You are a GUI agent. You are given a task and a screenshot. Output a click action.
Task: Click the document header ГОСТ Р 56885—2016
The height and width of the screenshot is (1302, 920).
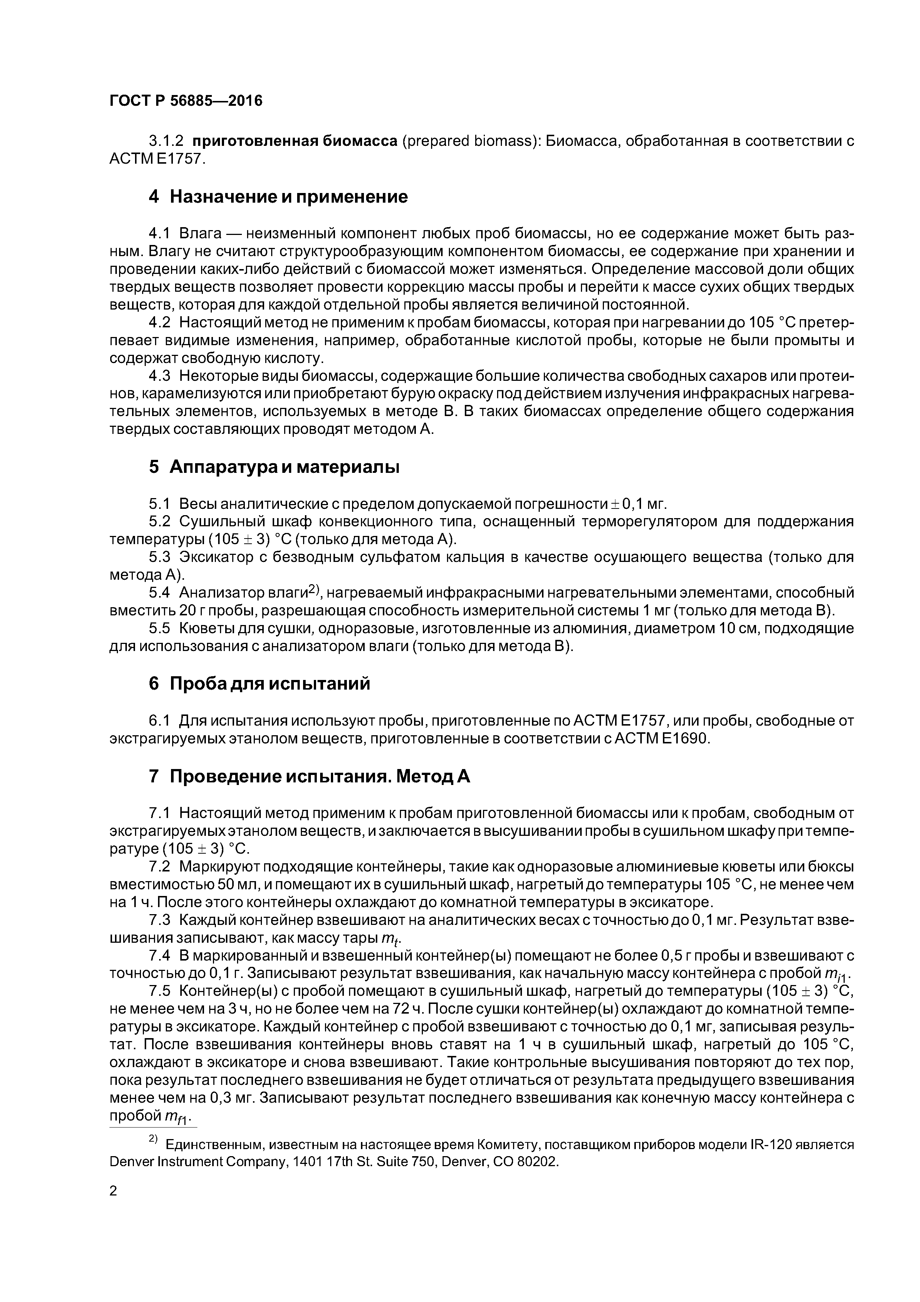(x=186, y=101)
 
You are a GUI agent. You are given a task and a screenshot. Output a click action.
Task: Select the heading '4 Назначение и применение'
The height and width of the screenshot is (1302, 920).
(x=278, y=197)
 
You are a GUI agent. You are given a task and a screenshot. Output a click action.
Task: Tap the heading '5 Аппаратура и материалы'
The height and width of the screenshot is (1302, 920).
(x=274, y=467)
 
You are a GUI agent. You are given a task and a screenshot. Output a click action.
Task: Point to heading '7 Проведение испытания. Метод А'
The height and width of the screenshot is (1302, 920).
(x=309, y=776)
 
